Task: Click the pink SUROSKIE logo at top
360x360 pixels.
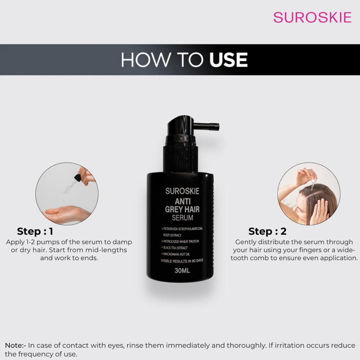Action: (x=312, y=17)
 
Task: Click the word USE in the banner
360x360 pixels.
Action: (x=229, y=60)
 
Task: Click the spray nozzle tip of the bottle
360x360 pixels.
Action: (x=216, y=126)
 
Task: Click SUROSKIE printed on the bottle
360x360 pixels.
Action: (x=182, y=191)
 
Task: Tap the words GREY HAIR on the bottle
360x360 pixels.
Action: (x=182, y=209)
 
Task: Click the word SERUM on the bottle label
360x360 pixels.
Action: (x=182, y=218)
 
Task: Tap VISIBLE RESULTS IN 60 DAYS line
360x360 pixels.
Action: (x=182, y=260)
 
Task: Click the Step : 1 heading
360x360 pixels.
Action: (x=35, y=231)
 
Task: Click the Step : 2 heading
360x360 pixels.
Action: (x=267, y=231)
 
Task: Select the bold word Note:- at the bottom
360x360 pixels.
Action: (x=15, y=346)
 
